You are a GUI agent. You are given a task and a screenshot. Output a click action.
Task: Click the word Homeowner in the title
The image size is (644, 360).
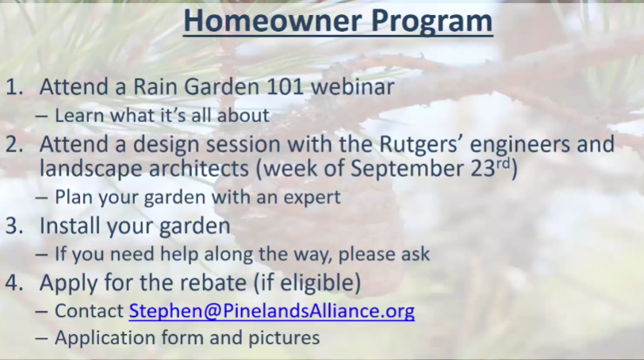pos(273,21)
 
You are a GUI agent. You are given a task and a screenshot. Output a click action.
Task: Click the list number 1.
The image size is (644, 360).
pos(14,87)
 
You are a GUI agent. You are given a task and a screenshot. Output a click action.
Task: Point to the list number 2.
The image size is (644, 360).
pos(14,144)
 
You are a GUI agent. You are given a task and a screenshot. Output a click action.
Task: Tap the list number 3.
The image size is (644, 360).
pos(14,226)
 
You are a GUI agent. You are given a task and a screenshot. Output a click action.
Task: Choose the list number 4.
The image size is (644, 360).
pos(14,283)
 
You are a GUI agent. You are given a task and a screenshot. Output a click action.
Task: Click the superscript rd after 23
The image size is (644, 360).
pos(503,164)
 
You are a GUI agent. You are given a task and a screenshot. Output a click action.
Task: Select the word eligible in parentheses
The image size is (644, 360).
pos(313,283)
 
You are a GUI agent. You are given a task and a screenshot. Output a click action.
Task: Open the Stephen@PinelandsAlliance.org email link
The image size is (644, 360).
pos(271,311)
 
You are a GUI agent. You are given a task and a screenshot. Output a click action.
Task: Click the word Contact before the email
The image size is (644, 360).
pos(89,311)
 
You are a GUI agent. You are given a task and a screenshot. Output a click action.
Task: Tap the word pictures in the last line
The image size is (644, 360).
pos(284,339)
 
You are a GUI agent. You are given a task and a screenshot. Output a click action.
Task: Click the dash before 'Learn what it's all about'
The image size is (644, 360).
pos(41,117)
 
